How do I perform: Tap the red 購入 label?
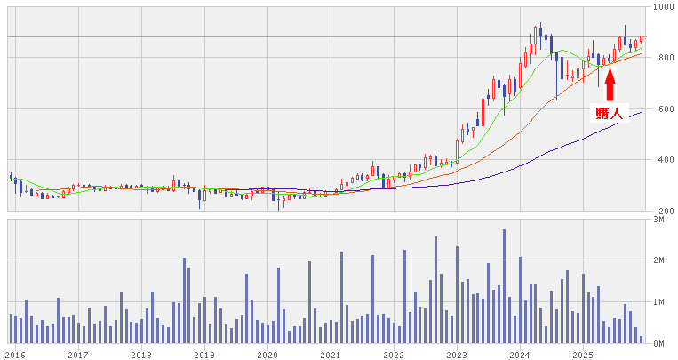609,113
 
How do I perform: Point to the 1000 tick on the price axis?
661,7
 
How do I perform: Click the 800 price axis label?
661,58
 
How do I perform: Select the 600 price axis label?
661,109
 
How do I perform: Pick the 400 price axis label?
661,160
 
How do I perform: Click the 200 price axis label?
661,211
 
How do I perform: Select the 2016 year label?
15,353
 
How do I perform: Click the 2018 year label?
140,353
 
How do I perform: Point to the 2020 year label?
267,353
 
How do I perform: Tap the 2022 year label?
393,353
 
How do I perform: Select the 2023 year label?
456,353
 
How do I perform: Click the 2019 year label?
203,353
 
